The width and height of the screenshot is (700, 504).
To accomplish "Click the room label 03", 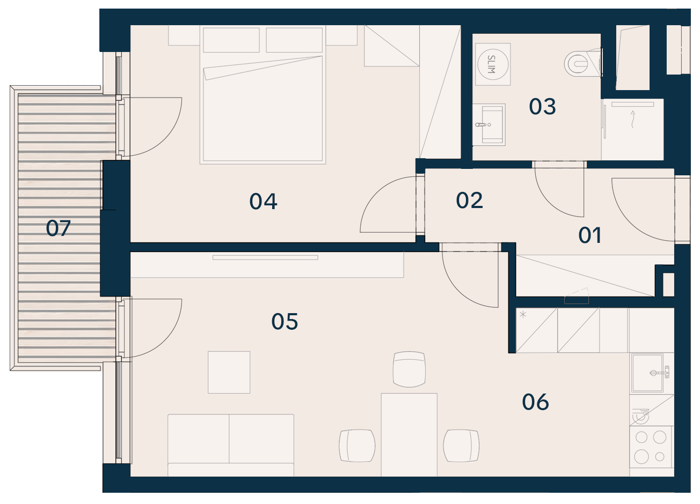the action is click(x=542, y=107).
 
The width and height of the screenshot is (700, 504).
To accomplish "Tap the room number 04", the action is click(x=263, y=201).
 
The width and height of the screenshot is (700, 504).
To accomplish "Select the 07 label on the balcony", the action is click(x=58, y=228).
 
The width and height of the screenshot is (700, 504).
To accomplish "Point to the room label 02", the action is click(x=469, y=200).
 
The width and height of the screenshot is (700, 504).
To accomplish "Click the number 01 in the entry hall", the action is click(x=590, y=235).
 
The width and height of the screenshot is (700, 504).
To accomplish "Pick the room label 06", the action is click(x=535, y=402).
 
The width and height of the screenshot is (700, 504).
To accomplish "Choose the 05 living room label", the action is click(x=285, y=322).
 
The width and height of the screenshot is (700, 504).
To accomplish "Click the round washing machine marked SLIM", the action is click(x=493, y=64).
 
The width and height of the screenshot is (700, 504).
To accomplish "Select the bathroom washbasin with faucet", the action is click(x=488, y=124).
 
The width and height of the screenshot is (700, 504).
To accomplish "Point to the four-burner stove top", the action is click(x=650, y=447).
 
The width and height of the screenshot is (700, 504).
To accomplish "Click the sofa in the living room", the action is click(x=231, y=446).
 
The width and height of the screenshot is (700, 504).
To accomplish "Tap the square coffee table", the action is click(x=229, y=372).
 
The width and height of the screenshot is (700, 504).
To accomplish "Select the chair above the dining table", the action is click(x=409, y=369).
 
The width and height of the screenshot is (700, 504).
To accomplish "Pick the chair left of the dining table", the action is click(x=357, y=446).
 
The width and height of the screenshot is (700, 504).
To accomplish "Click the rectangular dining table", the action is click(x=409, y=435).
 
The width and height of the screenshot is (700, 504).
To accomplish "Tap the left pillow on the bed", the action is click(x=231, y=40).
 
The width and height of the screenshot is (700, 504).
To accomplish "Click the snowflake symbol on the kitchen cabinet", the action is click(x=523, y=315).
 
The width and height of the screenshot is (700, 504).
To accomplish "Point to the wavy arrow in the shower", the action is click(x=633, y=119).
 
